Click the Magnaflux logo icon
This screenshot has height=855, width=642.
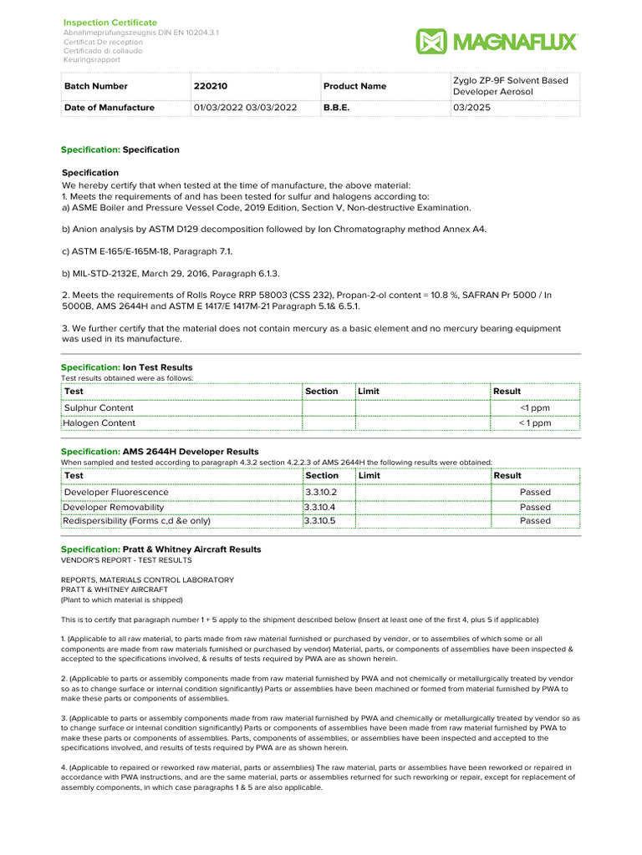(x=431, y=42)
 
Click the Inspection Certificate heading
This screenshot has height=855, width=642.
(x=110, y=22)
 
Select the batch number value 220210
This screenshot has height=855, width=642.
(x=211, y=86)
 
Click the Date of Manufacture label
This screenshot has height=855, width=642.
(x=110, y=108)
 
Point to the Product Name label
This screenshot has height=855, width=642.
(x=354, y=86)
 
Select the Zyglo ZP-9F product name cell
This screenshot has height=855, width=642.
(x=510, y=86)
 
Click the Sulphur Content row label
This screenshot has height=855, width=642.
(x=99, y=407)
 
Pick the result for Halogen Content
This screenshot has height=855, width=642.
(x=534, y=423)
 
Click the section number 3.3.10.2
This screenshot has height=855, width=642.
(x=321, y=493)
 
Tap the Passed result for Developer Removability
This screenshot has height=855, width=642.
(x=535, y=507)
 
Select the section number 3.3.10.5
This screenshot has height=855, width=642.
(x=321, y=521)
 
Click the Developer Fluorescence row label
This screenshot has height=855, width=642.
(x=116, y=493)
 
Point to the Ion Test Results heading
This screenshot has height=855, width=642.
(x=157, y=367)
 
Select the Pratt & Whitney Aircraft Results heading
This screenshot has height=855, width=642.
(x=191, y=549)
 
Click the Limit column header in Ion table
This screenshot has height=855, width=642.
(x=369, y=391)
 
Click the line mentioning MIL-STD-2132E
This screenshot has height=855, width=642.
(x=171, y=274)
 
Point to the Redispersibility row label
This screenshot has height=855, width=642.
(x=137, y=521)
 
